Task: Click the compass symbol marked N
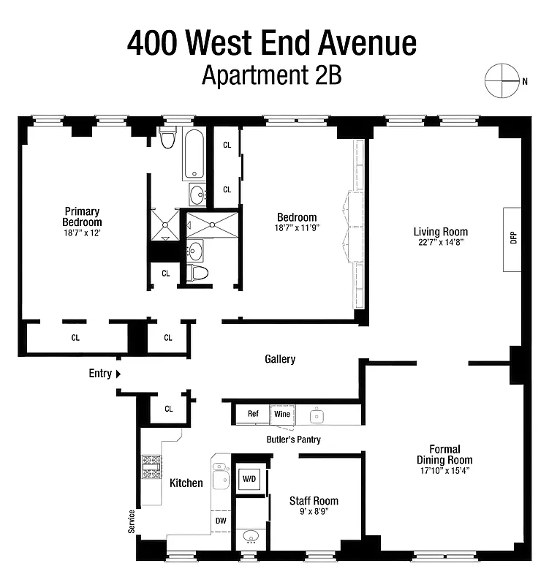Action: pyautogui.click(x=502, y=80)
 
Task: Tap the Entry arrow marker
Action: pyautogui.click(x=118, y=374)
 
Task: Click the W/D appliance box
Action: pyautogui.click(x=248, y=479)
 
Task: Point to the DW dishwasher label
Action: pyautogui.click(x=220, y=520)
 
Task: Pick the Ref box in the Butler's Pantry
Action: pyautogui.click(x=252, y=414)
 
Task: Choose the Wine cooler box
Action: pyautogui.click(x=281, y=414)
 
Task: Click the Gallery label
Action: pyautogui.click(x=280, y=359)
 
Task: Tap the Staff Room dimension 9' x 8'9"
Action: pyautogui.click(x=314, y=513)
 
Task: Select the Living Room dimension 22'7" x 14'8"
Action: pyautogui.click(x=439, y=242)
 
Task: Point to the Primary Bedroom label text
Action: pyautogui.click(x=82, y=217)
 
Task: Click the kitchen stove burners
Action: pyautogui.click(x=151, y=467)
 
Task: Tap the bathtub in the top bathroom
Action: pyautogui.click(x=194, y=154)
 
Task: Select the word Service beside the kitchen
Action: pyautogui.click(x=132, y=521)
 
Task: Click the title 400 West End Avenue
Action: pyautogui.click(x=272, y=44)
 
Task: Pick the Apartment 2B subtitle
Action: pyautogui.click(x=272, y=75)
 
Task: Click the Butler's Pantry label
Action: pyautogui.click(x=293, y=439)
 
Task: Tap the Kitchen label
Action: pyautogui.click(x=186, y=483)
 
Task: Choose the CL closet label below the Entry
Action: pyautogui.click(x=169, y=409)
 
